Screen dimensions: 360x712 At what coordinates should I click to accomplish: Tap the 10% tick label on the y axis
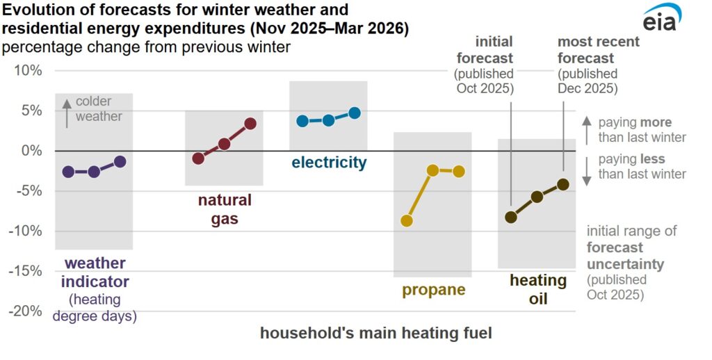(27, 71)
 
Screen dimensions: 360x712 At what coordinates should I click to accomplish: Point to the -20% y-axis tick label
(25, 311)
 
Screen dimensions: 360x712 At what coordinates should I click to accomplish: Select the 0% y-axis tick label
(31, 151)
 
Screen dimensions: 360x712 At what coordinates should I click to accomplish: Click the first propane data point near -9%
(407, 221)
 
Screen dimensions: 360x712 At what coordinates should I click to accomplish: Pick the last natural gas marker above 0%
(250, 124)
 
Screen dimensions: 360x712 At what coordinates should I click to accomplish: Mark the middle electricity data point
(328, 120)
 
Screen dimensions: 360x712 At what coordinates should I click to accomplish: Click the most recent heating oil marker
(563, 184)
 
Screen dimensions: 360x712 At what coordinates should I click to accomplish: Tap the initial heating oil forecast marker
(511, 217)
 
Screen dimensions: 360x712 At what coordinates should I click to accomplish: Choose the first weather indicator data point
(68, 172)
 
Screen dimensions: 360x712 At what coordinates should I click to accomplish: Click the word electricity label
(329, 163)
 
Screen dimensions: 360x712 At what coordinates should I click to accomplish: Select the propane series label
(434, 290)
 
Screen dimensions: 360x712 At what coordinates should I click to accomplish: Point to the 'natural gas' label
(225, 210)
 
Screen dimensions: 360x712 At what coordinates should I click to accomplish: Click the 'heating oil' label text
(538, 290)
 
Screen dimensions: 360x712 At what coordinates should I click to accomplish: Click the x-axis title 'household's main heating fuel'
(376, 334)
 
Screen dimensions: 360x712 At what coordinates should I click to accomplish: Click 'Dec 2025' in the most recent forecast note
(588, 88)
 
